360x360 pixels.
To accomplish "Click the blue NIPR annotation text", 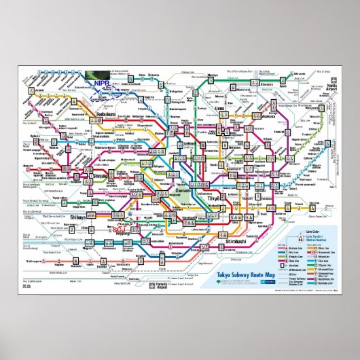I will click(103, 84).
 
